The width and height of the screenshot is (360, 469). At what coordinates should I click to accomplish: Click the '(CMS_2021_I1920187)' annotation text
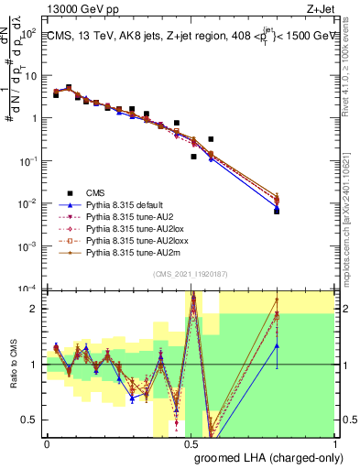[190, 274]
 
